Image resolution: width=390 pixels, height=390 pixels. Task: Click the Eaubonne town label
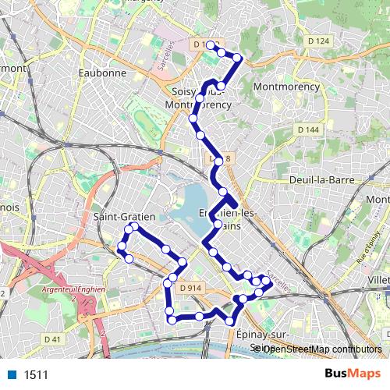(x=102, y=73)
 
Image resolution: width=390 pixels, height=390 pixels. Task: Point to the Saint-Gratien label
(x=124, y=216)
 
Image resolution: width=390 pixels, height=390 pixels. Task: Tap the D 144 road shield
(x=309, y=129)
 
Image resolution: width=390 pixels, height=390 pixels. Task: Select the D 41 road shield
(x=52, y=339)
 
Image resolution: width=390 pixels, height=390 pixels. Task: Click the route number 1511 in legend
(x=36, y=375)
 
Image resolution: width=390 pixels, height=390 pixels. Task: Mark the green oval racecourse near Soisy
(x=145, y=120)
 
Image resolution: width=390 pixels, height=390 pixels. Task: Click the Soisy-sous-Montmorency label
(x=200, y=97)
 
